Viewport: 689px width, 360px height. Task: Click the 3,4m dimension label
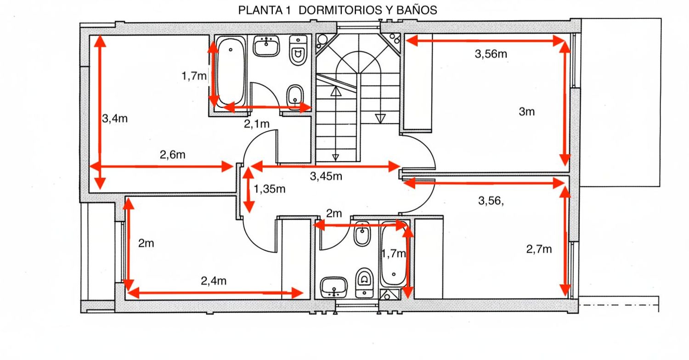pos(114,118)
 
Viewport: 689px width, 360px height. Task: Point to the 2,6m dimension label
pos(172,155)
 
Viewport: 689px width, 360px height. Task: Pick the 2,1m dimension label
pos(256,123)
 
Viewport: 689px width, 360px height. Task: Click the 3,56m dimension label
pos(491,54)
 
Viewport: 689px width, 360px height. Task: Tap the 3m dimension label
pos(527,111)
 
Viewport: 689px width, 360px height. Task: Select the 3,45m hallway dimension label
pos(326,176)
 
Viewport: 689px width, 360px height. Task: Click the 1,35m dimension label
pos(270,188)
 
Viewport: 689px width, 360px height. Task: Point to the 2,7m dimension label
pos(539,249)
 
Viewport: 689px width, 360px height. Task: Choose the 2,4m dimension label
pos(214,281)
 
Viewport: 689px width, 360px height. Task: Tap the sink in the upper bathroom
pos(266,46)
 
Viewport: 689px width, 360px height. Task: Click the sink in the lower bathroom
pos(334,287)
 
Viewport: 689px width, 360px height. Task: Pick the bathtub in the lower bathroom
pos(393,260)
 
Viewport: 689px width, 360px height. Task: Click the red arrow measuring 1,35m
pos(248,190)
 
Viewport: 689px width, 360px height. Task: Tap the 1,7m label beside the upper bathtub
pos(194,76)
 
